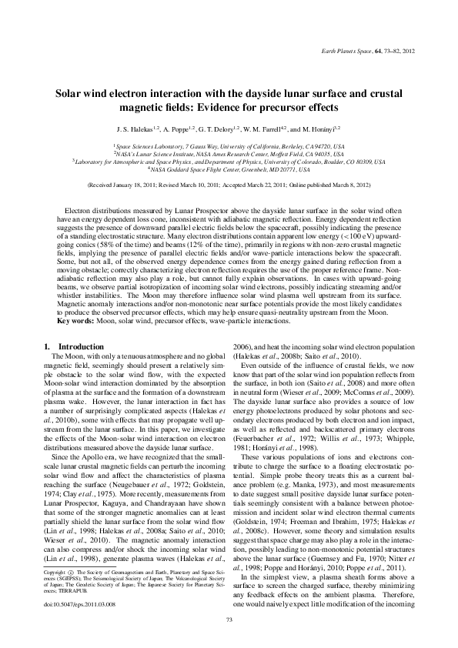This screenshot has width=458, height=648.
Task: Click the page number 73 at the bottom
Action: point(229,620)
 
